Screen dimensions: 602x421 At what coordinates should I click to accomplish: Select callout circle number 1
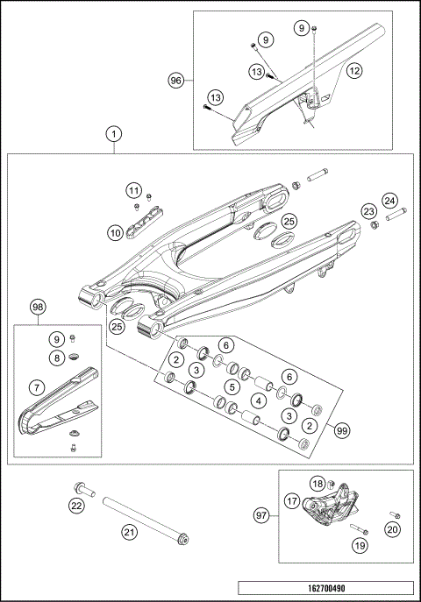[113, 135]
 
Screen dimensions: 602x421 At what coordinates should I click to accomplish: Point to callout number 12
[353, 68]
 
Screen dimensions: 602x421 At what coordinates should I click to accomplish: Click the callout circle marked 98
[37, 308]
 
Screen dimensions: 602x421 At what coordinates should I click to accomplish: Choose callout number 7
[36, 386]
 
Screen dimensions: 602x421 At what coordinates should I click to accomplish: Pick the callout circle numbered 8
[57, 358]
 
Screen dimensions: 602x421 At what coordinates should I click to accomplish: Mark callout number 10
[115, 232]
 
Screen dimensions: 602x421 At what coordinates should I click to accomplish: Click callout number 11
[132, 190]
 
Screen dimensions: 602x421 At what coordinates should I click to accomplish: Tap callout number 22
[76, 505]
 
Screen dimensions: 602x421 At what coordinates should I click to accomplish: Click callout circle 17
[290, 502]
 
